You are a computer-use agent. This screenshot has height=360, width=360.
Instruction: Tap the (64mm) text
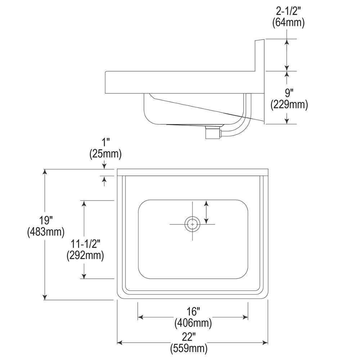coord(288,23)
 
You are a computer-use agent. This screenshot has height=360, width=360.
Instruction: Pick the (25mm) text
coord(105,154)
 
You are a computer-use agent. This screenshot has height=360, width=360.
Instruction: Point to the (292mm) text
coord(85,255)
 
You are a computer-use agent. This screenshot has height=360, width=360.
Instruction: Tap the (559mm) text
coord(189,348)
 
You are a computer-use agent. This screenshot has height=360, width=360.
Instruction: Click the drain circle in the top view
coord(193,224)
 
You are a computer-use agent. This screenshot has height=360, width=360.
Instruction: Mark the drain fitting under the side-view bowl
coord(212,132)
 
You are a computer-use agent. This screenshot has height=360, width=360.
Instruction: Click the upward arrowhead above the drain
coord(206,204)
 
